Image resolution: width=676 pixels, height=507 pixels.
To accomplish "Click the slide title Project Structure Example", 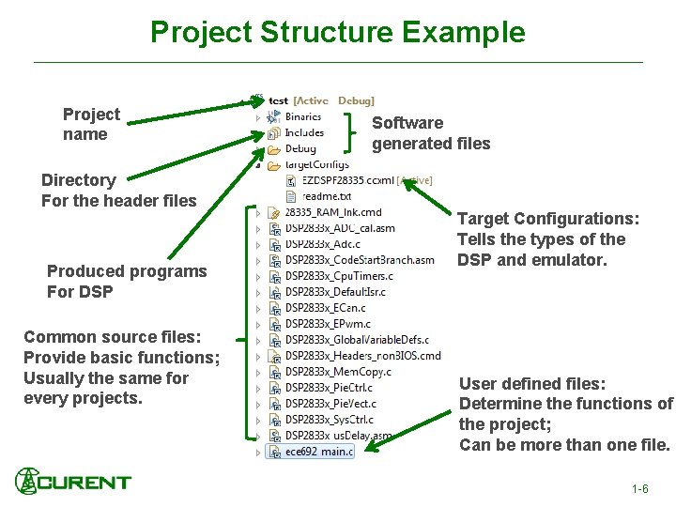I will tap(338, 32).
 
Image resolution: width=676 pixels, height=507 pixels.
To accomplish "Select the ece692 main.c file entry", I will tap(319, 452).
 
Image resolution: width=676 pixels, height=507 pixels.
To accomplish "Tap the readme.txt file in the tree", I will tap(326, 196).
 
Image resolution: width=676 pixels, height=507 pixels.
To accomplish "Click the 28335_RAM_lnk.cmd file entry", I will tap(333, 212).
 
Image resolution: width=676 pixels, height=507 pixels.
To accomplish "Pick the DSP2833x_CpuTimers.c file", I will tap(339, 276).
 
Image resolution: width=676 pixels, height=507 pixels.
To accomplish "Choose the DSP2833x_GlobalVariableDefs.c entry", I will tap(357, 340).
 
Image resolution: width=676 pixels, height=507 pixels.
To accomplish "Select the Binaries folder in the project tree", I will tap(302, 116).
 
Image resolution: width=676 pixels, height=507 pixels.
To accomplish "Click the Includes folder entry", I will tap(304, 132).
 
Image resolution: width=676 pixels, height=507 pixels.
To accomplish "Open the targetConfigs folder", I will tap(316, 164).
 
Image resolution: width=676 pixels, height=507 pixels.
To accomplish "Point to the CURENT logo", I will tap(73, 482).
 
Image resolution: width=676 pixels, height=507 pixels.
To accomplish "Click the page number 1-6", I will tap(640, 489).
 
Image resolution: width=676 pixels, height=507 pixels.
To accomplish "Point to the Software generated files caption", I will tap(431, 133).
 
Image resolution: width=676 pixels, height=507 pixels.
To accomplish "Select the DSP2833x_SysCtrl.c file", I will tap(329, 420).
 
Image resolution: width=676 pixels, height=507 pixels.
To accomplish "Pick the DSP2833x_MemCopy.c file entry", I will tap(338, 372).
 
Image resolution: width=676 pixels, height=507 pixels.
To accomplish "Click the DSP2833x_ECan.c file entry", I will tap(326, 308).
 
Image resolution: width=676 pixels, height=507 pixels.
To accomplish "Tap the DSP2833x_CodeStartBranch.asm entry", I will tap(360, 260).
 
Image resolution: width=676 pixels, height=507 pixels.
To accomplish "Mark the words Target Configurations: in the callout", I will tap(548, 219).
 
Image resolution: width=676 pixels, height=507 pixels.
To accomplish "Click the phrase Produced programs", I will tap(127, 271).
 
